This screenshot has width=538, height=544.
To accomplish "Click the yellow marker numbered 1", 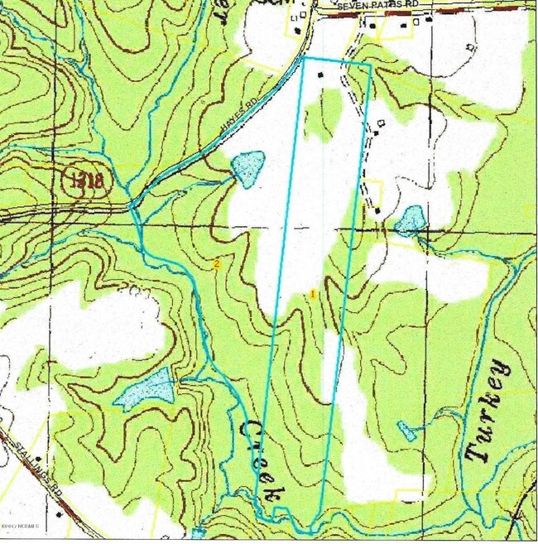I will click(x=313, y=293).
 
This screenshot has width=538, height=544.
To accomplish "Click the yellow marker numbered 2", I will click(x=217, y=264).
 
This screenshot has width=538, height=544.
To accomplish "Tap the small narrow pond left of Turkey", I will click(x=406, y=431).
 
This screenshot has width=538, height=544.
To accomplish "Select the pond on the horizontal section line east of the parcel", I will click(x=409, y=219).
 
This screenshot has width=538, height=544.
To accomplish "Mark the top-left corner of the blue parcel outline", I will click(x=304, y=58).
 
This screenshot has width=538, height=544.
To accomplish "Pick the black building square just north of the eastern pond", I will click(x=378, y=211).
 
